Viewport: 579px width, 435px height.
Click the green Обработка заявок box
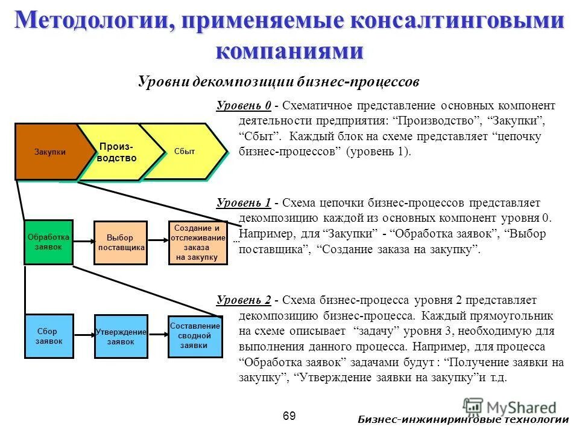click(x=48, y=242)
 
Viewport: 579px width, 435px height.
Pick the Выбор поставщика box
click(x=121, y=243)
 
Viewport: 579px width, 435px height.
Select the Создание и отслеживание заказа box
click(x=198, y=243)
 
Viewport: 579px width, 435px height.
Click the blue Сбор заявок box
click(x=49, y=337)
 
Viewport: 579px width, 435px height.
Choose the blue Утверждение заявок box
click(x=121, y=337)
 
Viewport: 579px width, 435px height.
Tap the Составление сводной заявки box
click(x=195, y=336)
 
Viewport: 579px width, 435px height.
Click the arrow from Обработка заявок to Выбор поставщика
click(x=83, y=242)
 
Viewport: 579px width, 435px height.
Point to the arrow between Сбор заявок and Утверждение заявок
click(x=84, y=337)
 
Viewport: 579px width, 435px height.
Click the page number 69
click(x=289, y=416)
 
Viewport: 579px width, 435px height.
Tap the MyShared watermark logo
click(x=510, y=407)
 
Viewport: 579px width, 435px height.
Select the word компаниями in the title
click(x=289, y=51)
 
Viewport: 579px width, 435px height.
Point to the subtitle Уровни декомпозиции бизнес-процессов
click(x=278, y=81)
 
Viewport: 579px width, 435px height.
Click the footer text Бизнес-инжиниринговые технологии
click(x=463, y=420)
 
